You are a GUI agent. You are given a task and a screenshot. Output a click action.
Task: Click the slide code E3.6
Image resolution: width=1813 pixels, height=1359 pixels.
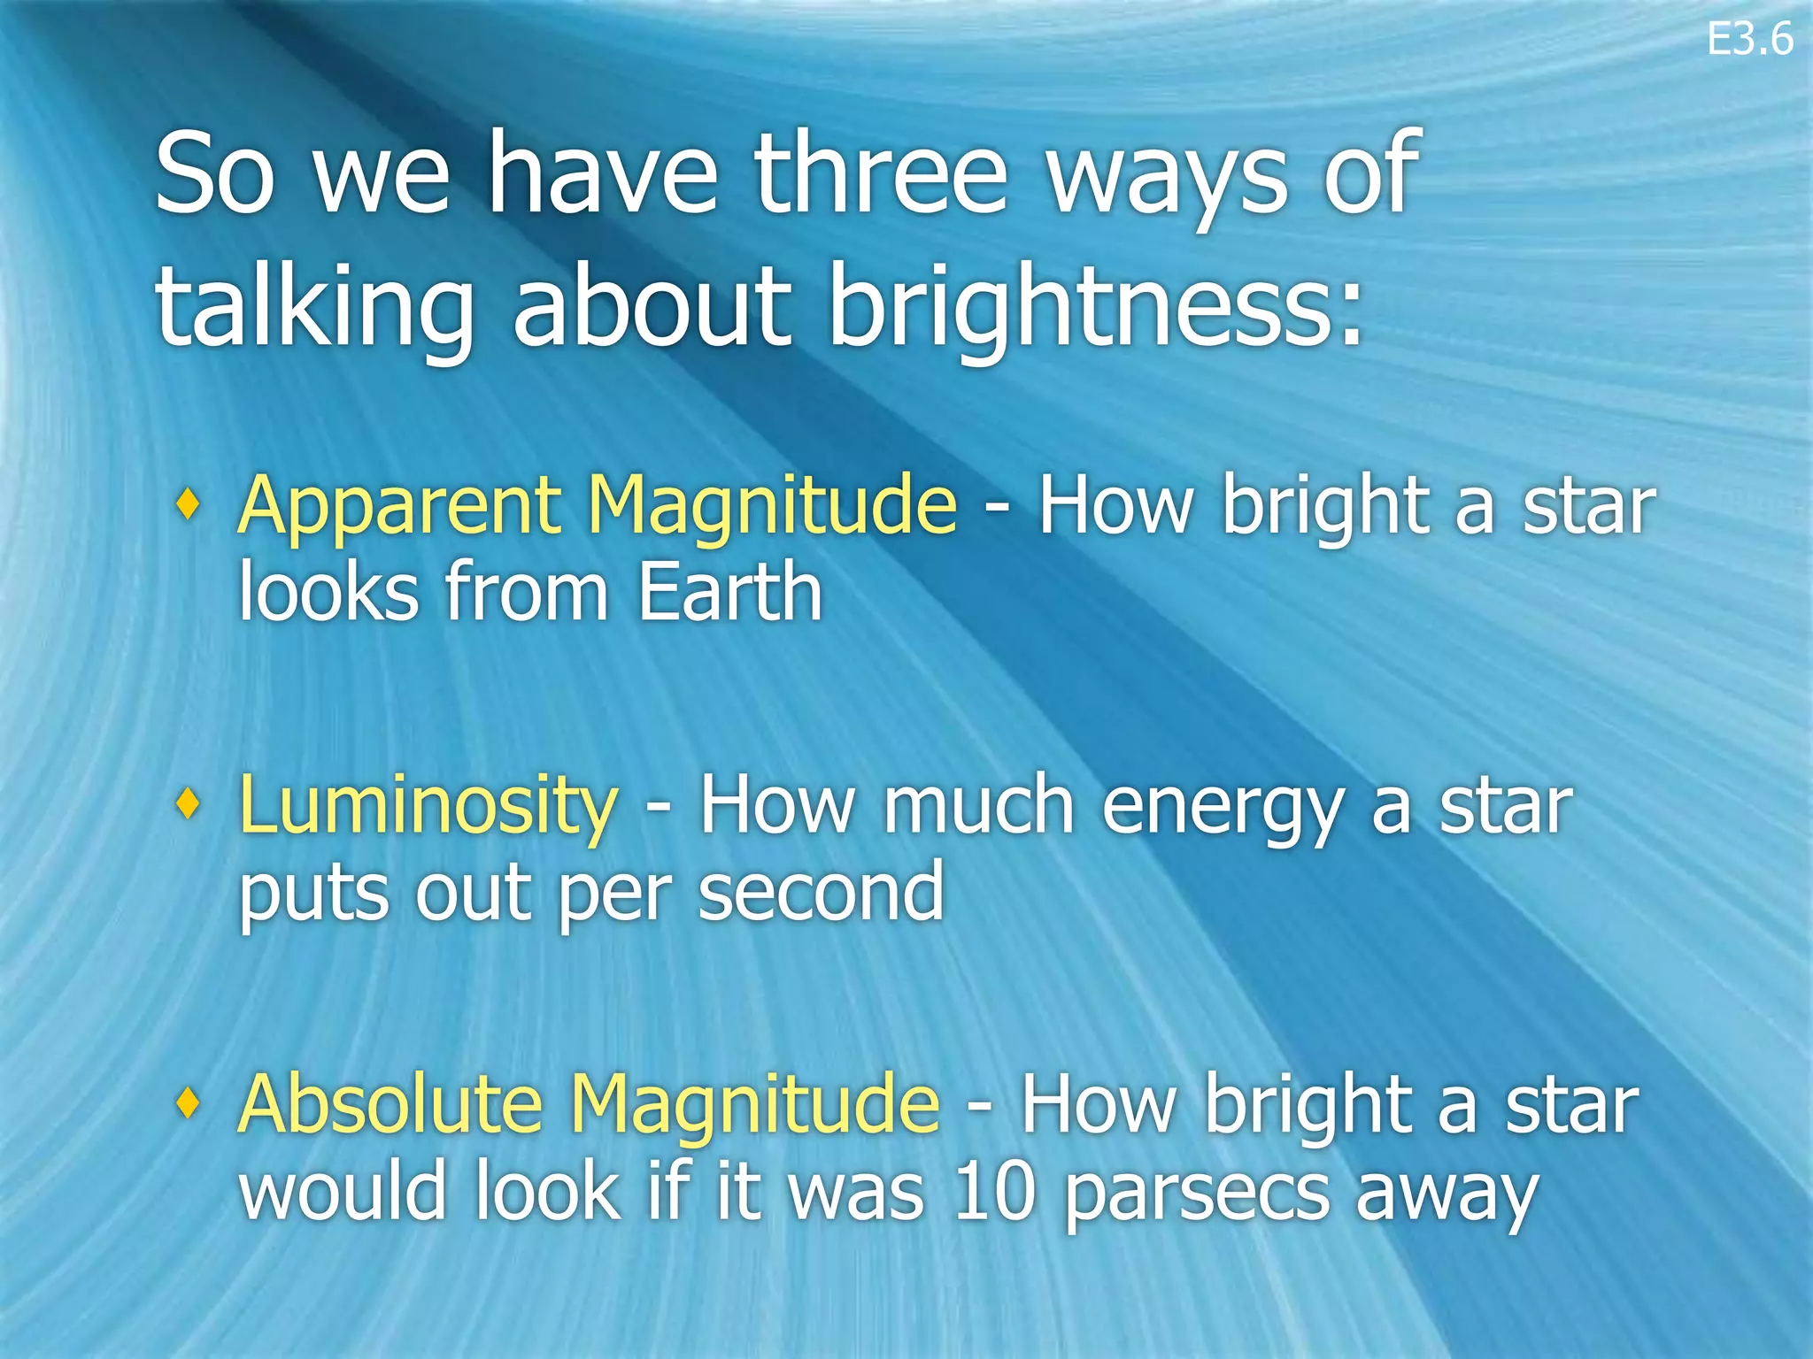coord(1749,41)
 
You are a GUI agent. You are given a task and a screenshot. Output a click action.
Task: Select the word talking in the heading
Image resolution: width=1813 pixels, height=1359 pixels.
coord(314,310)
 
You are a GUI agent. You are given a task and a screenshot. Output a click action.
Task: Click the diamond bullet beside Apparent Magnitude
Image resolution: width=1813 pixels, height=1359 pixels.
coord(187,504)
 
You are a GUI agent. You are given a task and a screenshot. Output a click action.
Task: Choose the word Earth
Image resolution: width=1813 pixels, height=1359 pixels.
coord(729,593)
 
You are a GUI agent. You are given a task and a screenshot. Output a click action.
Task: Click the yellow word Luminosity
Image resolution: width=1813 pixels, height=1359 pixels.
coord(428,805)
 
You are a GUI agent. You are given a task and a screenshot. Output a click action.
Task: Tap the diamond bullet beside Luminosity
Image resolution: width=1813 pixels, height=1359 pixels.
coord(187,803)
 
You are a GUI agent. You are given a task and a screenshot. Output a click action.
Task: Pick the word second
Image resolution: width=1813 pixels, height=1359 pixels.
coord(821,892)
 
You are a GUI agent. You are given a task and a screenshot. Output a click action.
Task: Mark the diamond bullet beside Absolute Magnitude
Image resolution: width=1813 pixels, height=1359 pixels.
coord(187,1102)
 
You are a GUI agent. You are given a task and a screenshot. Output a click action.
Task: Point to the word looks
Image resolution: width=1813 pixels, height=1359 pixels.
coord(328,593)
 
